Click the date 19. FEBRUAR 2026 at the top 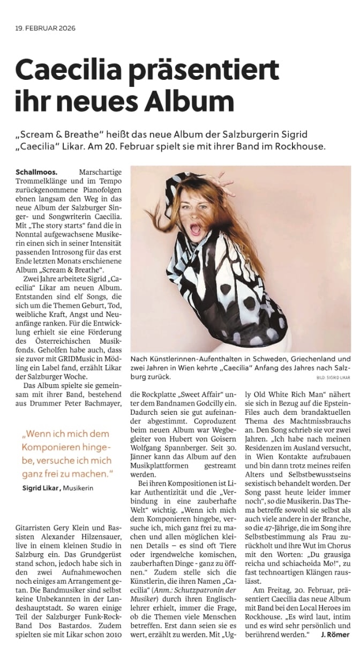coord(46,29)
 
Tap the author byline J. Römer coord(335,635)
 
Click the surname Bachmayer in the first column coord(97,404)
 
